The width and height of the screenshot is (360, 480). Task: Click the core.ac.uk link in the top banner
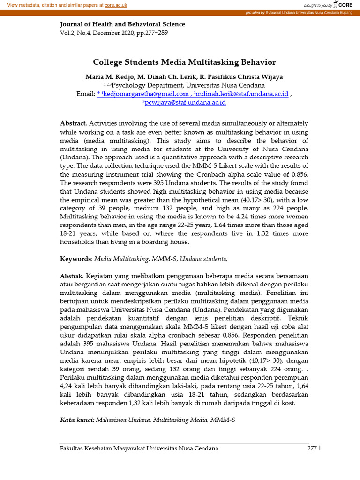pos(116,5)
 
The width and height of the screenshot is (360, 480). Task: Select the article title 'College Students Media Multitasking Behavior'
pos(184,62)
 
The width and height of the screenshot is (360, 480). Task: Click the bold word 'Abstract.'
pos(74,123)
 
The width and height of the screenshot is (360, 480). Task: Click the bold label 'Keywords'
pos(76,259)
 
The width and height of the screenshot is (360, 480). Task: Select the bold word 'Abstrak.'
pos(72,276)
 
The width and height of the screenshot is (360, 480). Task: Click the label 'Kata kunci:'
pos(77,420)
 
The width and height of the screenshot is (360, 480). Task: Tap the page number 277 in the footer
pos(312,448)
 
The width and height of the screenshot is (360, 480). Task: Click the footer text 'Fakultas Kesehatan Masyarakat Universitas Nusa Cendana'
pos(139,448)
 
